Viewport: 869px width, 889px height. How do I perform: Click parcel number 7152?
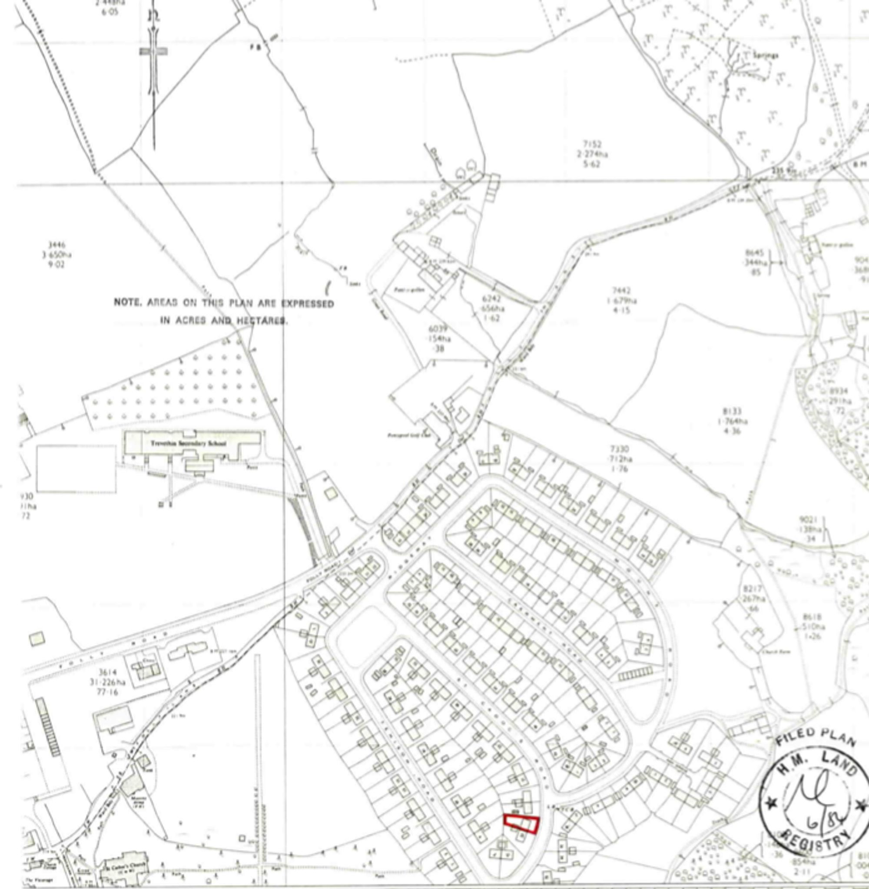pyautogui.click(x=592, y=145)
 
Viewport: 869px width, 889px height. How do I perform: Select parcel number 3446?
pyautogui.click(x=56, y=245)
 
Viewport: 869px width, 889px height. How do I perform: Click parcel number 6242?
pyautogui.click(x=491, y=299)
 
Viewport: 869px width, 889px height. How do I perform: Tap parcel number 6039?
pyautogui.click(x=438, y=329)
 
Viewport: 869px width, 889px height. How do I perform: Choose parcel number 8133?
pyautogui.click(x=732, y=411)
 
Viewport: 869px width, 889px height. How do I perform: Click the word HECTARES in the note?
pyautogui.click(x=261, y=321)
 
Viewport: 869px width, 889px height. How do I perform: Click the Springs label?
pyautogui.click(x=766, y=56)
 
